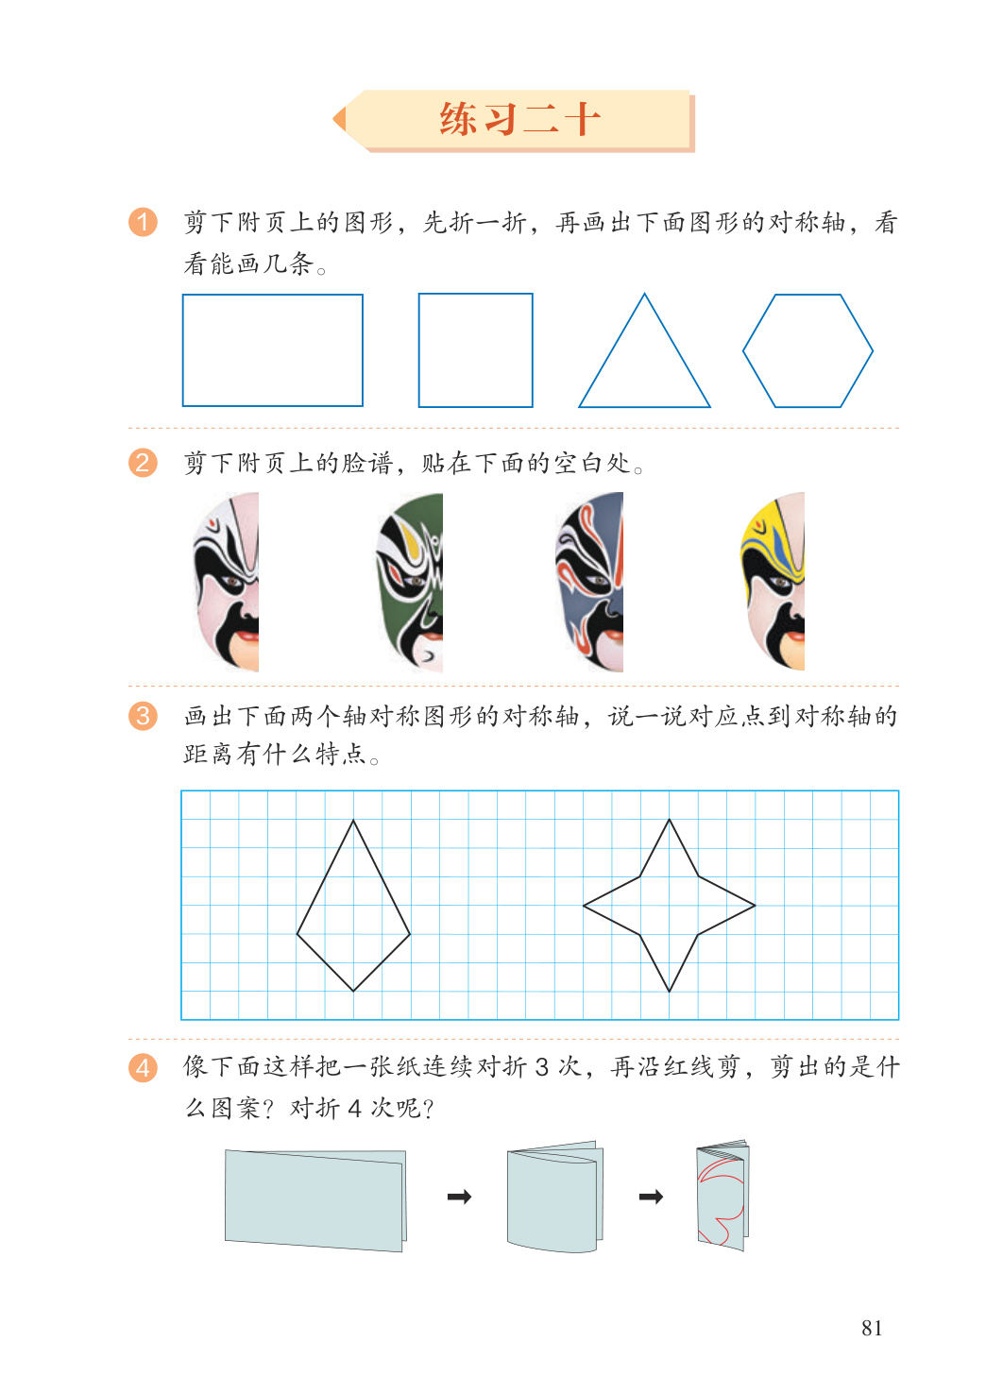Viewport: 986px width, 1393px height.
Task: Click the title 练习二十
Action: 519,119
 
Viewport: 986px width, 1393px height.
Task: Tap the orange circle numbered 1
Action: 143,222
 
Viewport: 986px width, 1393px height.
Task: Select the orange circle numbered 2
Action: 143,464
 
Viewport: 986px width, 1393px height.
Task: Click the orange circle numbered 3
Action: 143,716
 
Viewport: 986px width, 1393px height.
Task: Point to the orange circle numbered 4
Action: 143,1068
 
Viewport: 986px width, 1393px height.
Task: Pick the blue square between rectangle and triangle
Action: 419,350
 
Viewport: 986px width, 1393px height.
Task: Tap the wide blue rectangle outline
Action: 183,350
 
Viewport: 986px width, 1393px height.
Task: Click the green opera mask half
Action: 411,582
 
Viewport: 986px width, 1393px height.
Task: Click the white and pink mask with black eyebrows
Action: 227,582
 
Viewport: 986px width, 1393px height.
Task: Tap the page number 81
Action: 872,1328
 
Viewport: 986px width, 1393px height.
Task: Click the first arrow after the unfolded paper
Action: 460,1197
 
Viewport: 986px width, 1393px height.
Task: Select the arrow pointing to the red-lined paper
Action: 652,1197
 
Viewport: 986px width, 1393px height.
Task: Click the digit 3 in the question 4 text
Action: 542,1067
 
